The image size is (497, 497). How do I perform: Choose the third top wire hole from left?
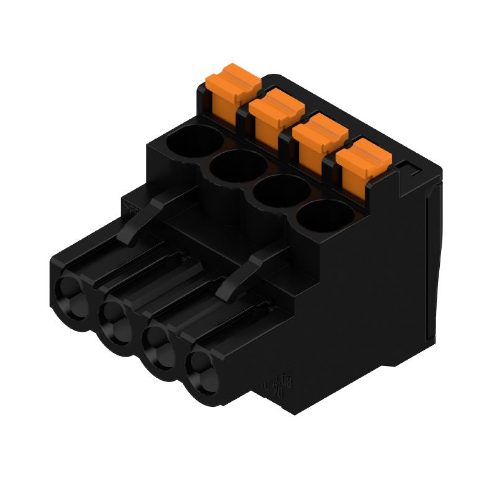click(x=278, y=194)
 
